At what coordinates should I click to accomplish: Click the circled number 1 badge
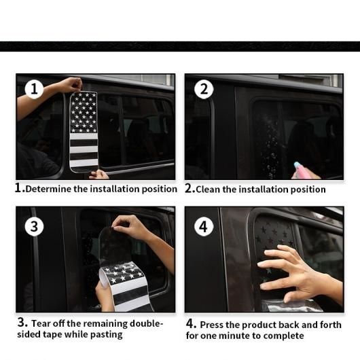34,89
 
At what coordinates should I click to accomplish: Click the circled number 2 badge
204,89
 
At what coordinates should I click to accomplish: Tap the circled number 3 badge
34,226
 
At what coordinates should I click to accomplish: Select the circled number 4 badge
204,227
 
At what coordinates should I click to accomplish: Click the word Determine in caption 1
48,190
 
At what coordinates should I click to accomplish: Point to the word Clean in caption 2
208,190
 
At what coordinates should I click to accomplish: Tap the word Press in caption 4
211,325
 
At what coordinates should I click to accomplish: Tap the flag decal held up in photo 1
84,132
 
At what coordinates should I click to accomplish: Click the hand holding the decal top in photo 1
67,84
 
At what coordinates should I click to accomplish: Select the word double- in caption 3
147,323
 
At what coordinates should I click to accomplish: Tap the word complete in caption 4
284,336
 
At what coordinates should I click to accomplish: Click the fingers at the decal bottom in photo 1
98,175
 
